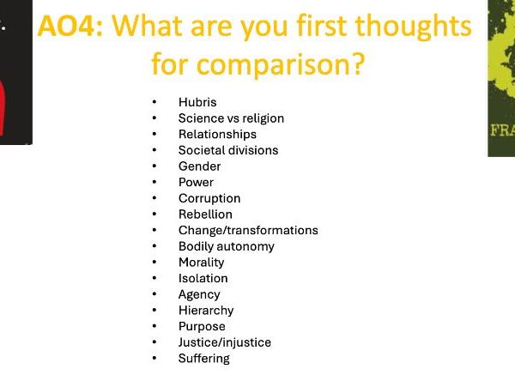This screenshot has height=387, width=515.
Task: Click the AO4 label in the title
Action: pyautogui.click(x=71, y=27)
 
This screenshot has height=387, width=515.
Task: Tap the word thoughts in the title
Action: pyautogui.click(x=414, y=27)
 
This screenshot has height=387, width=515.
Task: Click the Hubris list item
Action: pyautogui.click(x=197, y=102)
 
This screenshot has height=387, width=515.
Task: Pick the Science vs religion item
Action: pyautogui.click(x=231, y=118)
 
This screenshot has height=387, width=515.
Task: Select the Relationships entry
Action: pyautogui.click(x=217, y=134)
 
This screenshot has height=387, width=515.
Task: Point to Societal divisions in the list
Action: pyautogui.click(x=228, y=150)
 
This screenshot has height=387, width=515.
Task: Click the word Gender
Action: pyautogui.click(x=199, y=166)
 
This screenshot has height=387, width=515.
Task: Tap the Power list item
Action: pyautogui.click(x=196, y=182)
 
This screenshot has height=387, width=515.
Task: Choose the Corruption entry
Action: pyautogui.click(x=209, y=198)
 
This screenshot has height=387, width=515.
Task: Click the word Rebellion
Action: pyautogui.click(x=205, y=214)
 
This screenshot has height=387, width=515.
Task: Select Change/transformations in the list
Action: pyautogui.click(x=248, y=230)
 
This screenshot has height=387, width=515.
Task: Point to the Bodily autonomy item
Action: pyautogui.click(x=227, y=246)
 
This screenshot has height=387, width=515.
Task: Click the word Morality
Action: pyautogui.click(x=201, y=263)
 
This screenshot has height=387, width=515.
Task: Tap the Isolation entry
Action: pyautogui.click(x=203, y=278)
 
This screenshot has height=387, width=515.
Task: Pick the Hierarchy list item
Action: pyautogui.click(x=206, y=310)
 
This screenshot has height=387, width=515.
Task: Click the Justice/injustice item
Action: pyautogui.click(x=224, y=342)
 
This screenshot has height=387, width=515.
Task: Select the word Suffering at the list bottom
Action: pyautogui.click(x=203, y=358)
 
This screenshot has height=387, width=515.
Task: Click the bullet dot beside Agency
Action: pyautogui.click(x=154, y=294)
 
